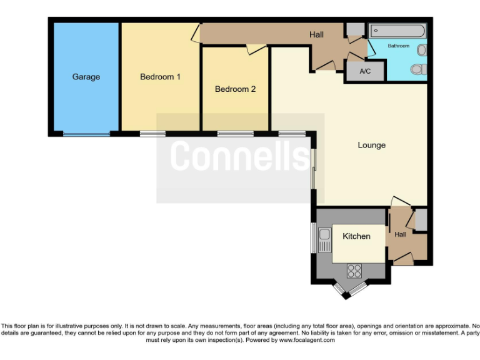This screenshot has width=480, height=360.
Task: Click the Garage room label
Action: tap(86, 77)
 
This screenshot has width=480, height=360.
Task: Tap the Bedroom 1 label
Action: tap(160, 77)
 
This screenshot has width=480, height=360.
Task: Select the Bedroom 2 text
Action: tap(235, 89)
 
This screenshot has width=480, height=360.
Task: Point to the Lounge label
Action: tap(371, 145)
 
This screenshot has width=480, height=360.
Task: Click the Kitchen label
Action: tap(356, 236)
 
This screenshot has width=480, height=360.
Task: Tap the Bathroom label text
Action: tap(398, 46)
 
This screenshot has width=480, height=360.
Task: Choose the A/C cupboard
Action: tap(365, 71)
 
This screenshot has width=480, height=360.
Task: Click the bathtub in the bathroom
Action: tap(397, 31)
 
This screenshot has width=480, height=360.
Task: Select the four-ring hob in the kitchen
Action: tap(354, 271)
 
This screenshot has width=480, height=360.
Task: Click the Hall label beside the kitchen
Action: tap(400, 234)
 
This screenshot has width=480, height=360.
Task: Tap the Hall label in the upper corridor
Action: tap(316, 34)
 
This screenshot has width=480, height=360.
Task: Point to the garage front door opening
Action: tap(86, 134)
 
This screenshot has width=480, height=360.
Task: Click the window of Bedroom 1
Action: tap(152, 134)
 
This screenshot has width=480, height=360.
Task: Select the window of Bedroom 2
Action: tap(235, 134)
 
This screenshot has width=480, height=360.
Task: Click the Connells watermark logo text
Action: tap(240, 156)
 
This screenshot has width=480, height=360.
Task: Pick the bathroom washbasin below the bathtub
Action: tap(422, 49)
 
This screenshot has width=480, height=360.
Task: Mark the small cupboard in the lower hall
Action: tap(421, 220)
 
